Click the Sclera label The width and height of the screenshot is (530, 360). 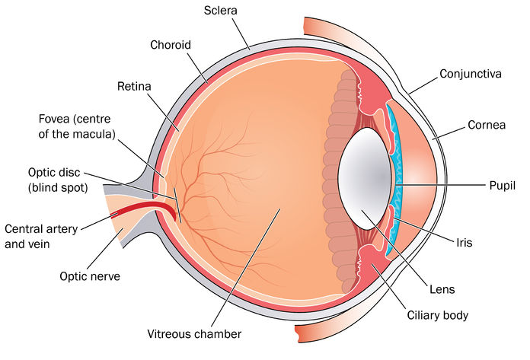[220, 11]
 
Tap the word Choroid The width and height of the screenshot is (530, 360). [171, 45]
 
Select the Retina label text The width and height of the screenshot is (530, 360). [134, 86]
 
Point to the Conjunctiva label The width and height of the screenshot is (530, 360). [471, 74]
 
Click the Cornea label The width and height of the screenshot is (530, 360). [487, 125]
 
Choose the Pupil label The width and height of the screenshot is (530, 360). [503, 186]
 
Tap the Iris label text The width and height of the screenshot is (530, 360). [464, 243]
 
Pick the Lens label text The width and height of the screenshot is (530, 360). [442, 289]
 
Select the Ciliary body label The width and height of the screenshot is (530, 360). [438, 315]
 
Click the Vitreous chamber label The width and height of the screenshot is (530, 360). [194, 334]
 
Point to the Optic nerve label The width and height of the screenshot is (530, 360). [90, 276]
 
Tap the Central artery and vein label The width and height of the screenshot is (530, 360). [41, 237]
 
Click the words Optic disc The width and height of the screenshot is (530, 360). [54, 173]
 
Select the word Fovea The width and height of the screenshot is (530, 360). [54, 119]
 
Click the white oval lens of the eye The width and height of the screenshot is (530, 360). [365, 179]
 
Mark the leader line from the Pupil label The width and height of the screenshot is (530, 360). [440, 185]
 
